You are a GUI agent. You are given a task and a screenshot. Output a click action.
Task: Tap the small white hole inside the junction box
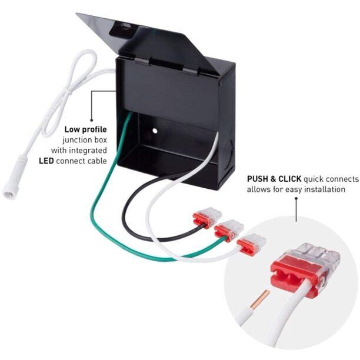[x=155, y=131]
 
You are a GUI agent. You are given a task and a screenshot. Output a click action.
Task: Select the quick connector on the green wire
[x=229, y=230]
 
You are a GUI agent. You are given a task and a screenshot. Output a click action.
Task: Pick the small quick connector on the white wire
[x=252, y=244]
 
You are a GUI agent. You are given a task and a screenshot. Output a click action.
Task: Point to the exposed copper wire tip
[x=261, y=299]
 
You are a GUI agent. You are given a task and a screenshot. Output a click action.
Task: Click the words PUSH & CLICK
[x=274, y=179]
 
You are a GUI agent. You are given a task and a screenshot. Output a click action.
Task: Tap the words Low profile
[x=86, y=130]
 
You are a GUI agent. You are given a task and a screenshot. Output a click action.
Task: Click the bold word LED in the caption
[x=46, y=161]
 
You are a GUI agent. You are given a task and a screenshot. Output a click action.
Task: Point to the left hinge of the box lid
[x=142, y=61]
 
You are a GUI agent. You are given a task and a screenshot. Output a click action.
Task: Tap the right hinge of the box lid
[x=191, y=71]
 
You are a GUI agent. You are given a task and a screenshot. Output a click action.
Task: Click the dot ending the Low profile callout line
[x=92, y=120]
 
